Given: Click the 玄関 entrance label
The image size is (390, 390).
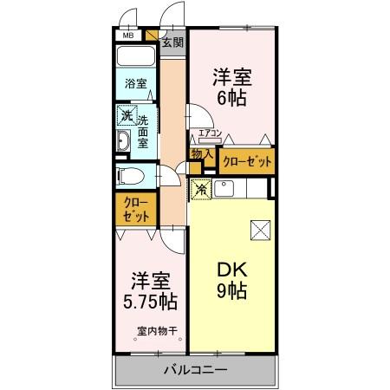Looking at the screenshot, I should point(172,42).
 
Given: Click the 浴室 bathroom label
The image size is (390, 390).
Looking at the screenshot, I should point(135,84).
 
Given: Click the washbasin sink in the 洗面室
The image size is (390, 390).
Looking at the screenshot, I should point(123,141).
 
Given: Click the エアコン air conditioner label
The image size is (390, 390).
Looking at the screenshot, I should point(211,133).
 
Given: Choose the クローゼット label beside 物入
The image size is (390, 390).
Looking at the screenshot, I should point(247,161).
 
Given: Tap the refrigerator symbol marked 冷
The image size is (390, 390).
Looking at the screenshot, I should point(199,188).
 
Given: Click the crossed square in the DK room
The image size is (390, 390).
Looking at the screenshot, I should point(259,230).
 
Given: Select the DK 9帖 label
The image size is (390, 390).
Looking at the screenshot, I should point(231,280).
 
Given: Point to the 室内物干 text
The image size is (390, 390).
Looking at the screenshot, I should point(156,329).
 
